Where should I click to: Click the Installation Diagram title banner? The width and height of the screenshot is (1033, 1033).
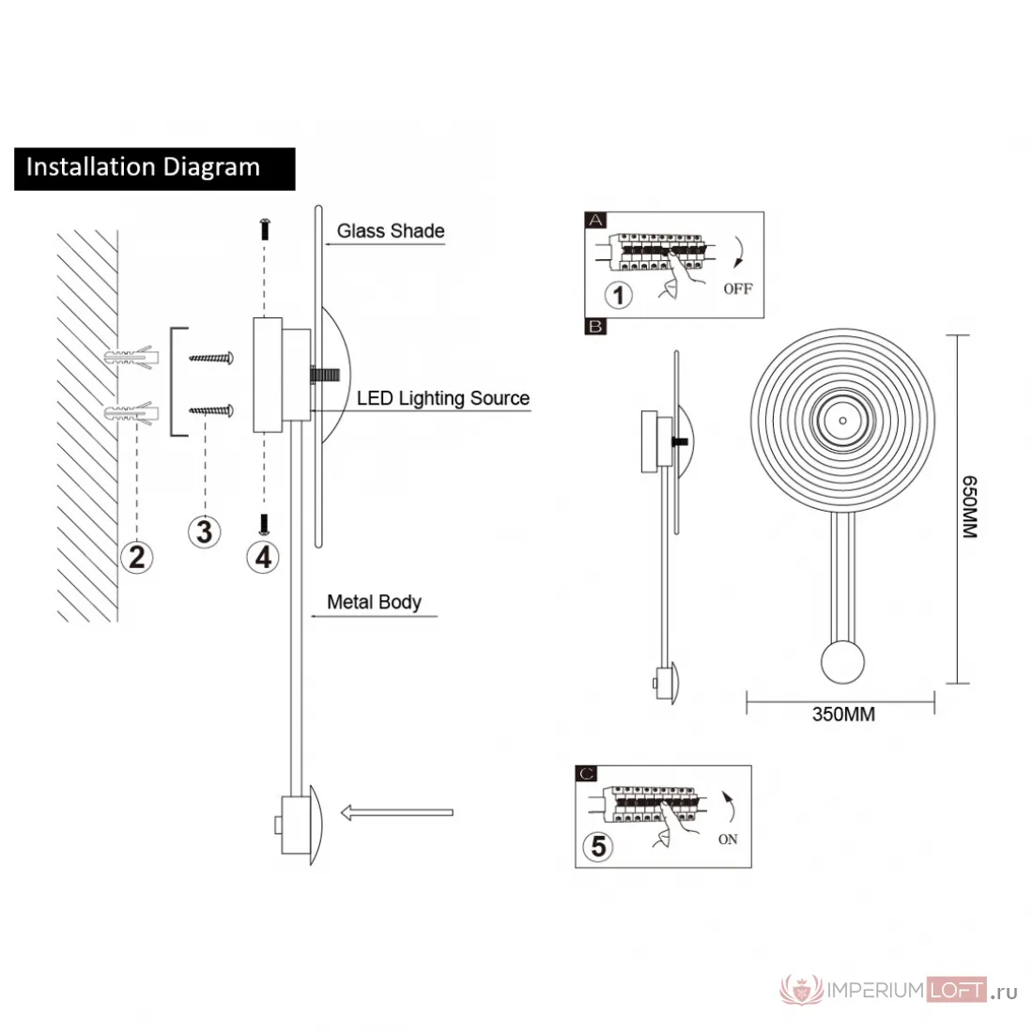pyautogui.click(x=155, y=169)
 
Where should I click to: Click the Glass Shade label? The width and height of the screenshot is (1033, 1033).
pyautogui.click(x=391, y=231)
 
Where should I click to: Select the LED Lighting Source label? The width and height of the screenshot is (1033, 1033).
pyautogui.click(x=443, y=398)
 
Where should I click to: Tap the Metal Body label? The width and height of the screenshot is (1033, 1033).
pyautogui.click(x=374, y=602)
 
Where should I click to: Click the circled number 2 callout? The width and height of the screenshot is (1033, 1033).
pyautogui.click(x=136, y=557)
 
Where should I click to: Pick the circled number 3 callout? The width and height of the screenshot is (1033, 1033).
pyautogui.click(x=204, y=532)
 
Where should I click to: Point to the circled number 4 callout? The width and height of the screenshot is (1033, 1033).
pyautogui.click(x=263, y=557)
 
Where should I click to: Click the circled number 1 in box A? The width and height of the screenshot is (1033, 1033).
pyautogui.click(x=619, y=295)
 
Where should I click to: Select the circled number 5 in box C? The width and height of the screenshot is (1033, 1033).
pyautogui.click(x=598, y=846)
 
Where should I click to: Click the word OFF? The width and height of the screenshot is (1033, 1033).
pyautogui.click(x=738, y=288)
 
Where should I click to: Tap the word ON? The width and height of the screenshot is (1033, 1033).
pyautogui.click(x=728, y=840)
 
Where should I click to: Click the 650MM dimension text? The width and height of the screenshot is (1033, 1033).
pyautogui.click(x=970, y=507)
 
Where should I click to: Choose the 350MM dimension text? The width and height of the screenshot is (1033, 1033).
pyautogui.click(x=843, y=714)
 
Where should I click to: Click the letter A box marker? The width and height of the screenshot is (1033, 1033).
pyautogui.click(x=595, y=220)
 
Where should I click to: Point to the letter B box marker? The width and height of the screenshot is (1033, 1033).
pyautogui.click(x=595, y=326)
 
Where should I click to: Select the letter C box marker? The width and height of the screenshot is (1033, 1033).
pyautogui.click(x=586, y=774)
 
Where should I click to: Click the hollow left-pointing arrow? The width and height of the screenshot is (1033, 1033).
pyautogui.click(x=396, y=812)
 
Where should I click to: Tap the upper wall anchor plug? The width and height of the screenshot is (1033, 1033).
pyautogui.click(x=131, y=358)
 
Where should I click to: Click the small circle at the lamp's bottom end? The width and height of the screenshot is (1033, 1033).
pyautogui.click(x=842, y=662)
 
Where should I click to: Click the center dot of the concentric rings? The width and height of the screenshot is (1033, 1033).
pyautogui.click(x=843, y=421)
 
